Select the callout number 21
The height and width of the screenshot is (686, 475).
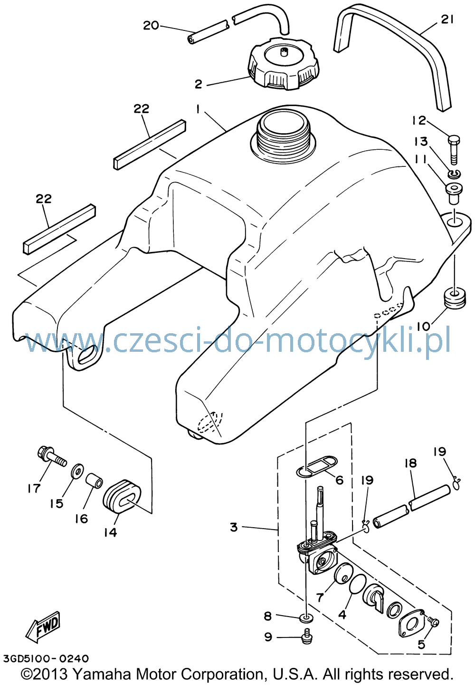(447, 19)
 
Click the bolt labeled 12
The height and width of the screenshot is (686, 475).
(454, 150)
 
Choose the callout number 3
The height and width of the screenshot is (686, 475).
(234, 527)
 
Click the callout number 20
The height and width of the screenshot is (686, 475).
(151, 25)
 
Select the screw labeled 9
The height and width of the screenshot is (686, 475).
(306, 638)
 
